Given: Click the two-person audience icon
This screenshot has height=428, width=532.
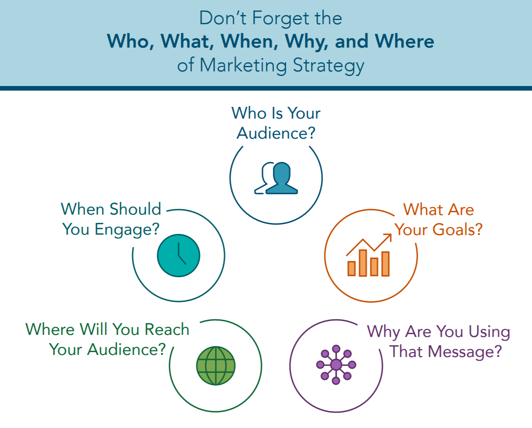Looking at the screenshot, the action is [x=276, y=178].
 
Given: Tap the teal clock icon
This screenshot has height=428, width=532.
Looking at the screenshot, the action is [x=178, y=256].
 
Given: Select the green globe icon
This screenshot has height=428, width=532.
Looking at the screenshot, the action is [x=216, y=366].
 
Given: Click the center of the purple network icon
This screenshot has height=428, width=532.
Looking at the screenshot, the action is [x=336, y=365].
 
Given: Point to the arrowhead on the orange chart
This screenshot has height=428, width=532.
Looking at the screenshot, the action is [x=388, y=237].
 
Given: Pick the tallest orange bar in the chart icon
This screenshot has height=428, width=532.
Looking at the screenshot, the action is [x=363, y=263].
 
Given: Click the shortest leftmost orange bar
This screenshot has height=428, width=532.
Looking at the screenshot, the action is [x=351, y=268].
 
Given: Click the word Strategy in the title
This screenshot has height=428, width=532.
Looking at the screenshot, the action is [x=328, y=66].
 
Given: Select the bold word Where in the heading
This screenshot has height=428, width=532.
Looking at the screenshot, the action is [x=405, y=41].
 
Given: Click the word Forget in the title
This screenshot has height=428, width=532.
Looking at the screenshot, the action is [x=280, y=18].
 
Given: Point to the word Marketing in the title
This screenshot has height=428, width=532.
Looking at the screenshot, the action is [x=243, y=66].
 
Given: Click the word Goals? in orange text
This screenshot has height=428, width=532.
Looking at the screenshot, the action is [x=458, y=229].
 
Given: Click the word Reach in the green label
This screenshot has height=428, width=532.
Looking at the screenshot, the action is [x=167, y=329].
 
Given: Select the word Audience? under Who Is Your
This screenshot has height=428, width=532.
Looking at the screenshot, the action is [x=276, y=133].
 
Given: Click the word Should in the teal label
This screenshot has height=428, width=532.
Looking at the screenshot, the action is [x=135, y=209].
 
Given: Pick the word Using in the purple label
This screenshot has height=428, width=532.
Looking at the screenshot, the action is [x=489, y=332].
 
